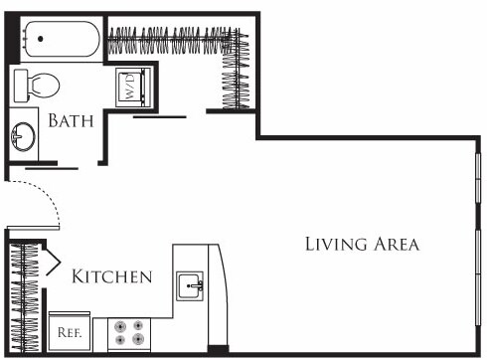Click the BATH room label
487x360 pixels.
(x=71, y=121)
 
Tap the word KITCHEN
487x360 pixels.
(x=111, y=276)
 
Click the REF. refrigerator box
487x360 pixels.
(x=70, y=331)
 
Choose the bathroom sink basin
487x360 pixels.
(x=24, y=137)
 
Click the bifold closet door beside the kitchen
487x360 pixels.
(x=48, y=265)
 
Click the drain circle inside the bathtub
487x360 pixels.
(x=42, y=41)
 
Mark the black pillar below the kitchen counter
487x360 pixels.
(x=217, y=349)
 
